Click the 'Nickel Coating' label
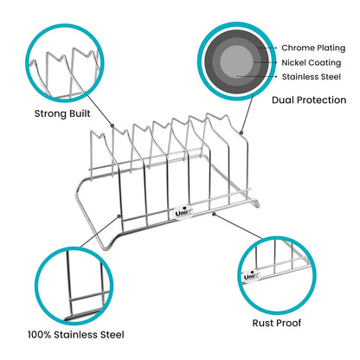coord(311,61)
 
